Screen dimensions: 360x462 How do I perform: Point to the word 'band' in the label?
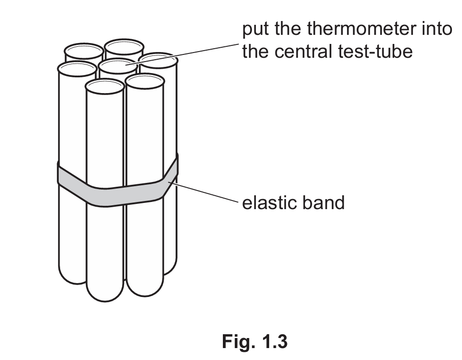click(x=324, y=203)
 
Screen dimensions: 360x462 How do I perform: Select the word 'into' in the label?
click(x=435, y=30)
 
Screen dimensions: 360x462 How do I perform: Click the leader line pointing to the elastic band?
click(x=205, y=193)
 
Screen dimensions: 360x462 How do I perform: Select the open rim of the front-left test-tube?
click(x=105, y=86)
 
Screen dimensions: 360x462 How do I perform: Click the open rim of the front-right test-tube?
click(x=145, y=81)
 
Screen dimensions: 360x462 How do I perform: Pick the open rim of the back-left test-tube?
click(x=84, y=51)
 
